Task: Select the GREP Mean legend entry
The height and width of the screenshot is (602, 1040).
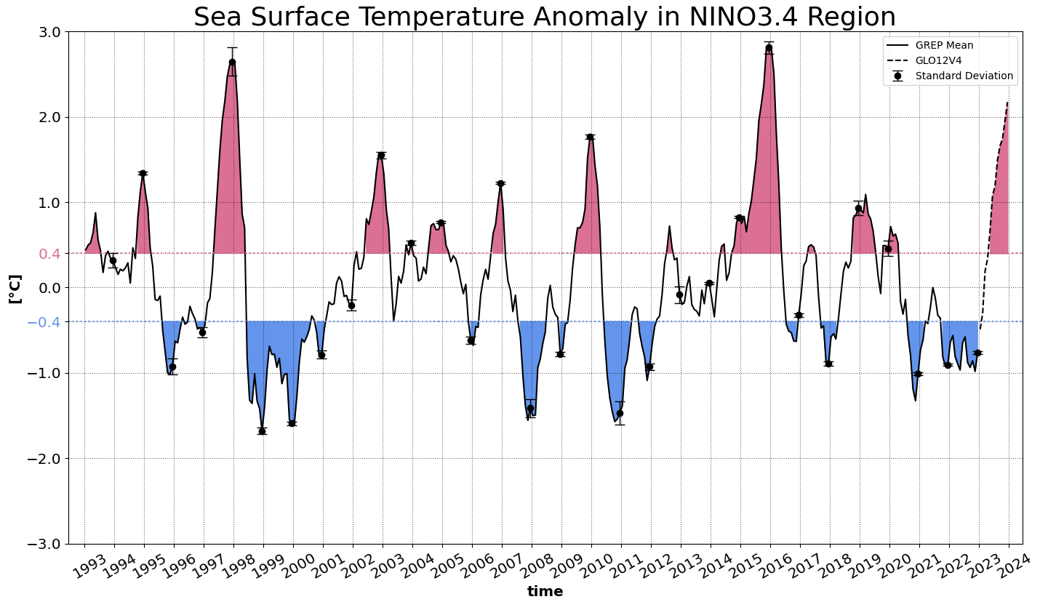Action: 944,45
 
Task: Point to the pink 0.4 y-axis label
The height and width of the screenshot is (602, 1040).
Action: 49,254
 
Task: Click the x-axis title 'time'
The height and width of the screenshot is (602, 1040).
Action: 545,592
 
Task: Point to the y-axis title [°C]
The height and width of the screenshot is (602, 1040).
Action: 15,288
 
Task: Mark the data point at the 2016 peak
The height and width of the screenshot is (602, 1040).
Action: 769,48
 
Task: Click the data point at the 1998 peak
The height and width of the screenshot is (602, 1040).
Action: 232,62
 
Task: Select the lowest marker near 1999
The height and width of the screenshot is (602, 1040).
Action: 262,431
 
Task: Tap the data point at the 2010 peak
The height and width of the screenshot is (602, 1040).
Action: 590,137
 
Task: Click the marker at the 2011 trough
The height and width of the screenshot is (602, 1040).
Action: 620,413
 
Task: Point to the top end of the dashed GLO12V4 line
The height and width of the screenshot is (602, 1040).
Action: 1008,103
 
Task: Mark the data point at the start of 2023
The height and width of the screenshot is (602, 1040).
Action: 977,353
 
